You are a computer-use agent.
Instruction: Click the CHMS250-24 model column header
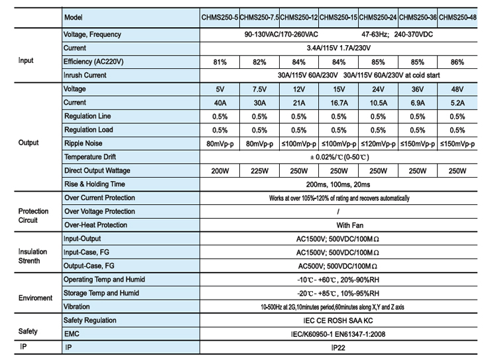378,17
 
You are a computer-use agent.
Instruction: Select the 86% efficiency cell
457,62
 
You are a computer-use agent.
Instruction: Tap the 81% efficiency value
219,62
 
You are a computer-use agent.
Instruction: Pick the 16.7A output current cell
339,103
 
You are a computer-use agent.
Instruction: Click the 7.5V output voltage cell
259,90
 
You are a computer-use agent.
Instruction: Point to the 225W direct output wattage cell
259,171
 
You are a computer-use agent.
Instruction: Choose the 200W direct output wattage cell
219,171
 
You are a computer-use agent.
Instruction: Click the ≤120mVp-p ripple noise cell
378,144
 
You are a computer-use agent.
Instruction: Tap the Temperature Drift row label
90,157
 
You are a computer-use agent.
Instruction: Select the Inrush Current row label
85,75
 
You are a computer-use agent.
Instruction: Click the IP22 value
338,347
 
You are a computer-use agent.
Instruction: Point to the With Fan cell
349,225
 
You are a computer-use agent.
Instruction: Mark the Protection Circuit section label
33,215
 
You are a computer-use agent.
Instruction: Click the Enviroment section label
36,298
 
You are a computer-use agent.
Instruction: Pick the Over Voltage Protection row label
99,211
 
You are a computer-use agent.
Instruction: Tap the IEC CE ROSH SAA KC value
338,320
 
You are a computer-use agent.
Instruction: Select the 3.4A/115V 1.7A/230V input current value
339,48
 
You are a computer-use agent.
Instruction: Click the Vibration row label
76,306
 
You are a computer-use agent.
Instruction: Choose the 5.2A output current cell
457,103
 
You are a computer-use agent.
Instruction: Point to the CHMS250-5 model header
219,17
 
